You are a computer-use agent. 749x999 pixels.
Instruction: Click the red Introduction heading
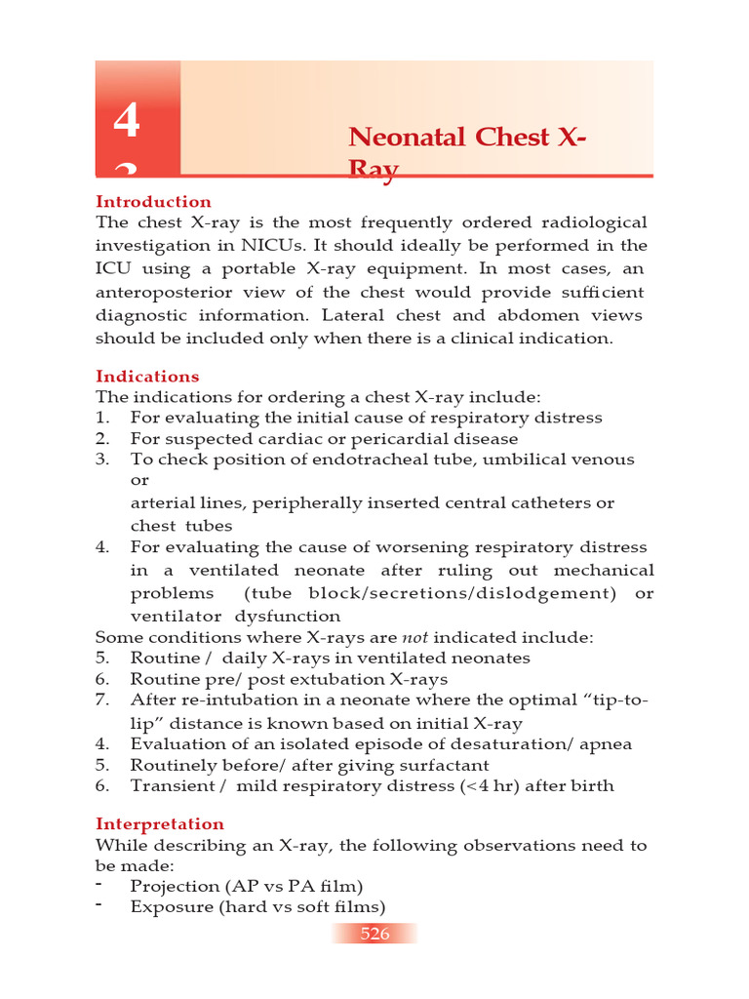pos(153,202)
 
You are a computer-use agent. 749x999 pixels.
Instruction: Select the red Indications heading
pos(147,377)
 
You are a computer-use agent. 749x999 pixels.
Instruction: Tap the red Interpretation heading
pos(160,824)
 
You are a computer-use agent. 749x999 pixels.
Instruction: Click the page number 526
pos(374,934)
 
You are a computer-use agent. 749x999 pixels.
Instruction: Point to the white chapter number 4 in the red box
pos(126,123)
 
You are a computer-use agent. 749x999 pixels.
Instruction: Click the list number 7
pos(101,700)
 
